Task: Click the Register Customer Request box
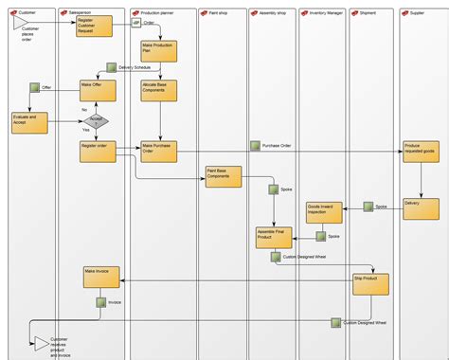click(95, 26)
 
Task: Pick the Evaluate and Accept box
click(28, 121)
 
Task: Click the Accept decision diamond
click(98, 120)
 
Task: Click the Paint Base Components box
click(224, 177)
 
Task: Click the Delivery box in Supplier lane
click(421, 208)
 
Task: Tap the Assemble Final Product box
click(274, 237)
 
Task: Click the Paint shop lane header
click(223, 12)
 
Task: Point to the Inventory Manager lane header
click(322, 12)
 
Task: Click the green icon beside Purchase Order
click(255, 146)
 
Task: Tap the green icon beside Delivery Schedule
click(112, 67)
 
